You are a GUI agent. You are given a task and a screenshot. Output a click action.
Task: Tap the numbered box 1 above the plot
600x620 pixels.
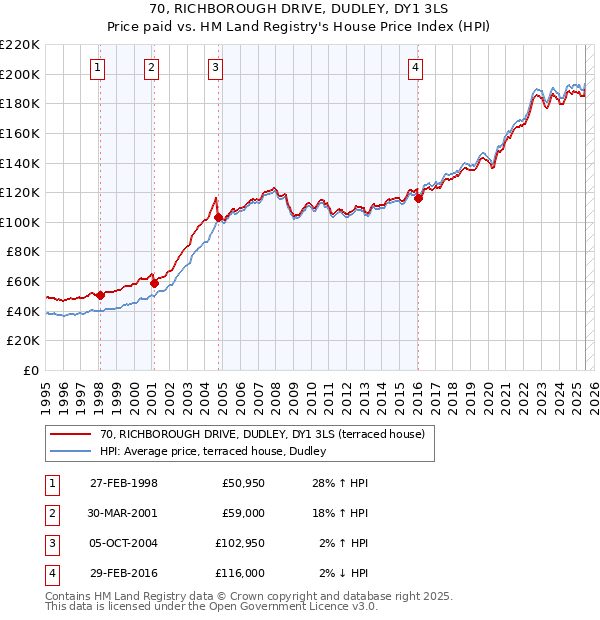point(98,68)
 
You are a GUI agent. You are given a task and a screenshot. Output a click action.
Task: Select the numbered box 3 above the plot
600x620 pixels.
point(215,68)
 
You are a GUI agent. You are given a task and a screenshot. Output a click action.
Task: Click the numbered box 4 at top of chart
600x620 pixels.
point(415,68)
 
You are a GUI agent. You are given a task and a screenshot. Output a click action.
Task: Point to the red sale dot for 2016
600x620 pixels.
point(418,198)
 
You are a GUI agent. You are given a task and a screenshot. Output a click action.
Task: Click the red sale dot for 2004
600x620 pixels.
point(218,217)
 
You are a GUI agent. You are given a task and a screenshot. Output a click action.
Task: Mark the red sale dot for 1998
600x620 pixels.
point(100,295)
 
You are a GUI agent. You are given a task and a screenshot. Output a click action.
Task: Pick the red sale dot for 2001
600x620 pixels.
point(154,283)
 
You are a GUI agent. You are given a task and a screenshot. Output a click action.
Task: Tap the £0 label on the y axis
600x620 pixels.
point(30,370)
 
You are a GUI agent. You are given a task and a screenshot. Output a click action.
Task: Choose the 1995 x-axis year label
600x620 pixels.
point(46,395)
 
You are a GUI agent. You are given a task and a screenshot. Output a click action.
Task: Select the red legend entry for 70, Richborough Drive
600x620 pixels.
point(262,434)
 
